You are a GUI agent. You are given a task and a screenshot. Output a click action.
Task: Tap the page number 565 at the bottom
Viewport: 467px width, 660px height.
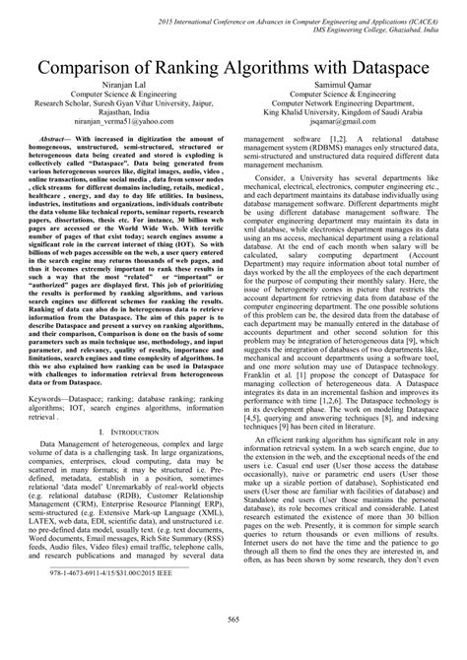pyautogui.click(x=233, y=644)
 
